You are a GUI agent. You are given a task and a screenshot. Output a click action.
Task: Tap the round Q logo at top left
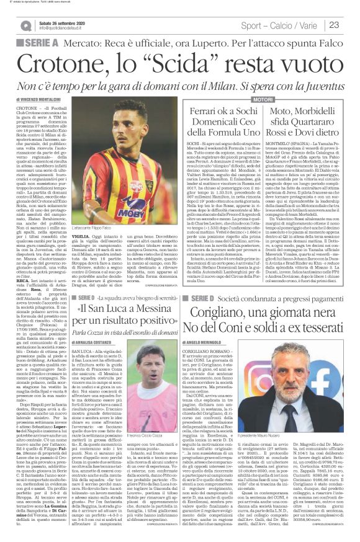tap(25, 25)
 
